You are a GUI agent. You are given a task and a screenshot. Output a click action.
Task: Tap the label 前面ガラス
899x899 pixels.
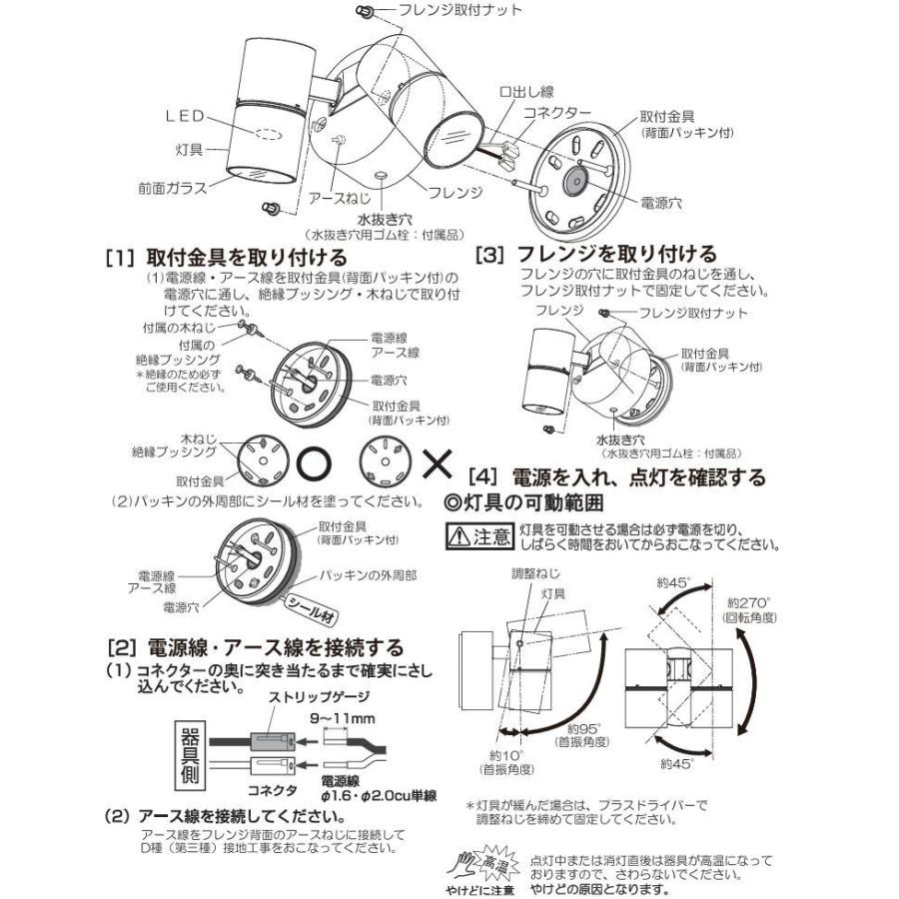[172, 186]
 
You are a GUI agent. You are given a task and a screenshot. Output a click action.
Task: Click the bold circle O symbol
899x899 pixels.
[312, 463]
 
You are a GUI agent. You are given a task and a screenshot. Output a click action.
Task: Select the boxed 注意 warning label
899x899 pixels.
[477, 537]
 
